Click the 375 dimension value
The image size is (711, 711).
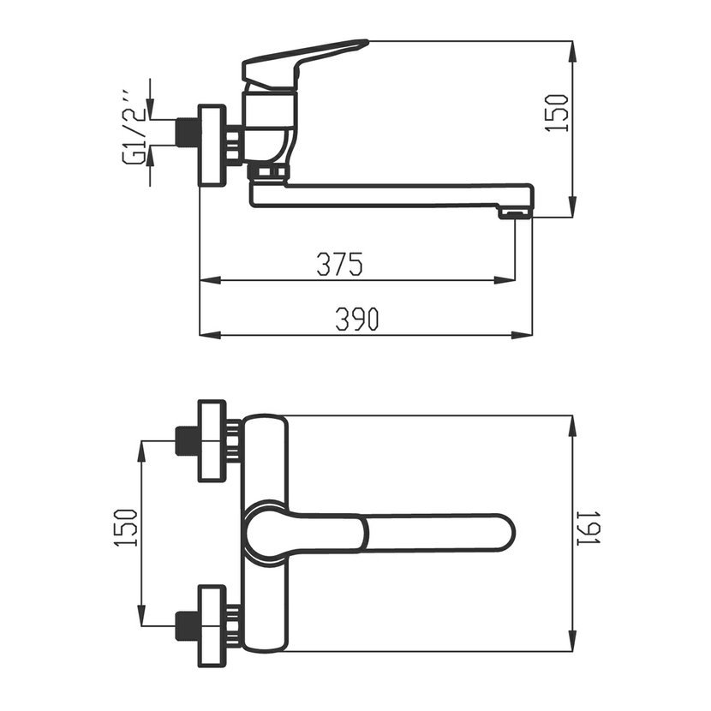coord(339,264)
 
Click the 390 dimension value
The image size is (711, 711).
coord(357,319)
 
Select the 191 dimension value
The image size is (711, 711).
coord(589,528)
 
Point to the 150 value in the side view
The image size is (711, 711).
coord(556,113)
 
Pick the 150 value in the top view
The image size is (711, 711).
coord(125,528)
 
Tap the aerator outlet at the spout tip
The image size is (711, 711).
coord(515,213)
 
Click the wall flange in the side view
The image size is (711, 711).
coord(212,145)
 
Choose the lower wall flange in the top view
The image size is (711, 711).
coord(212,625)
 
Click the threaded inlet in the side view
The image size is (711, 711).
coord(188,133)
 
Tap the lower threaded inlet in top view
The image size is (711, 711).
coord(188,625)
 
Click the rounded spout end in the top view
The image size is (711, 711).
coord(505,532)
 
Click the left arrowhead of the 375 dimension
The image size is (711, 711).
coord(211,280)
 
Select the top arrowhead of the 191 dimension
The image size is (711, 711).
coord(573,426)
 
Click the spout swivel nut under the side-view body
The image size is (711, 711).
coord(268,172)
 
